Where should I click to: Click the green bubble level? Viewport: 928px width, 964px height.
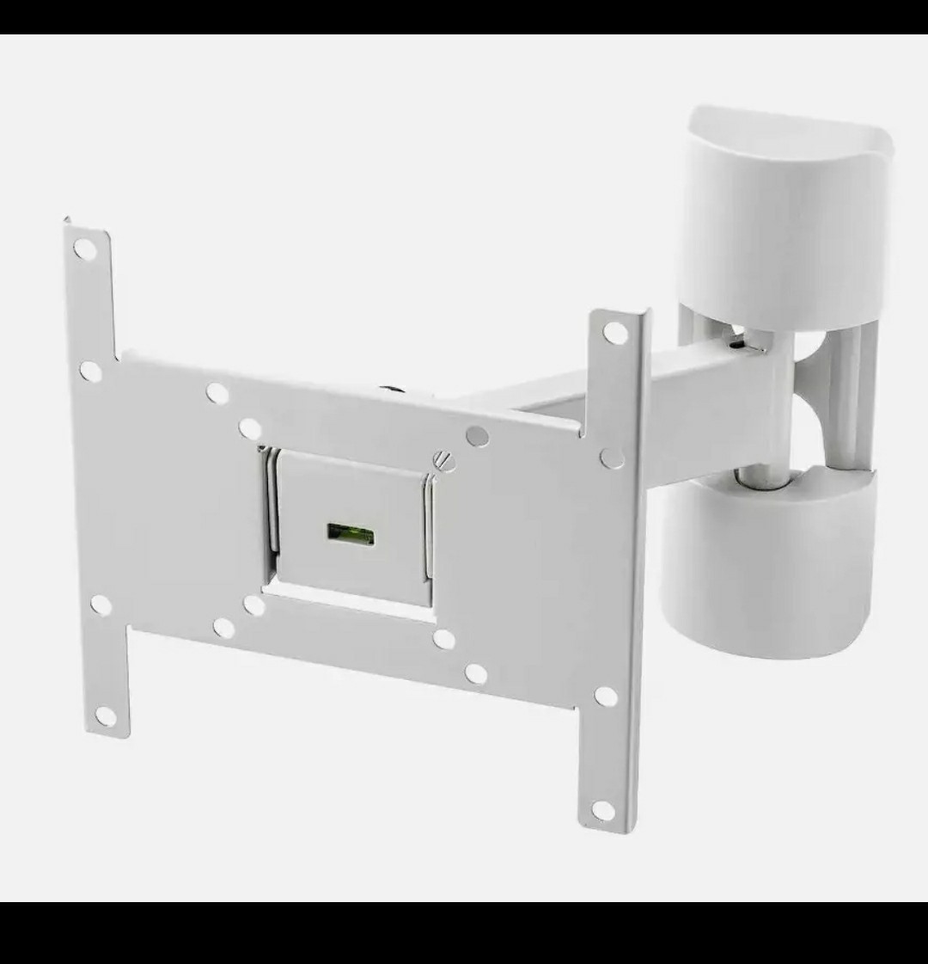coord(351,532)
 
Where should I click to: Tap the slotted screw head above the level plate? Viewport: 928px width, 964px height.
coord(443,460)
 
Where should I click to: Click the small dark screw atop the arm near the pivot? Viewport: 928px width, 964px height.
coord(736,343)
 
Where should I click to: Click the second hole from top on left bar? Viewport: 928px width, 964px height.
coord(90,371)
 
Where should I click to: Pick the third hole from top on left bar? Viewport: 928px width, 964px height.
coord(100,605)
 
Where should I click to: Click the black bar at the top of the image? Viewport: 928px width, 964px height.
coord(464,16)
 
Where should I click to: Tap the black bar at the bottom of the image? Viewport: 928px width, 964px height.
coord(464,932)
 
